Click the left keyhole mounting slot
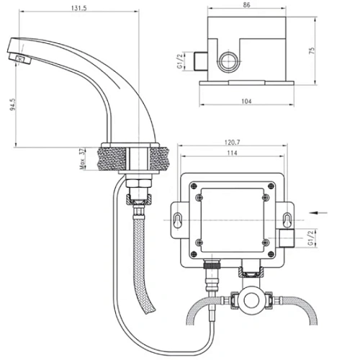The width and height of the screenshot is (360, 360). click(x=177, y=222)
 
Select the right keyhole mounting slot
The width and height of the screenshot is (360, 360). click(x=287, y=222)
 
